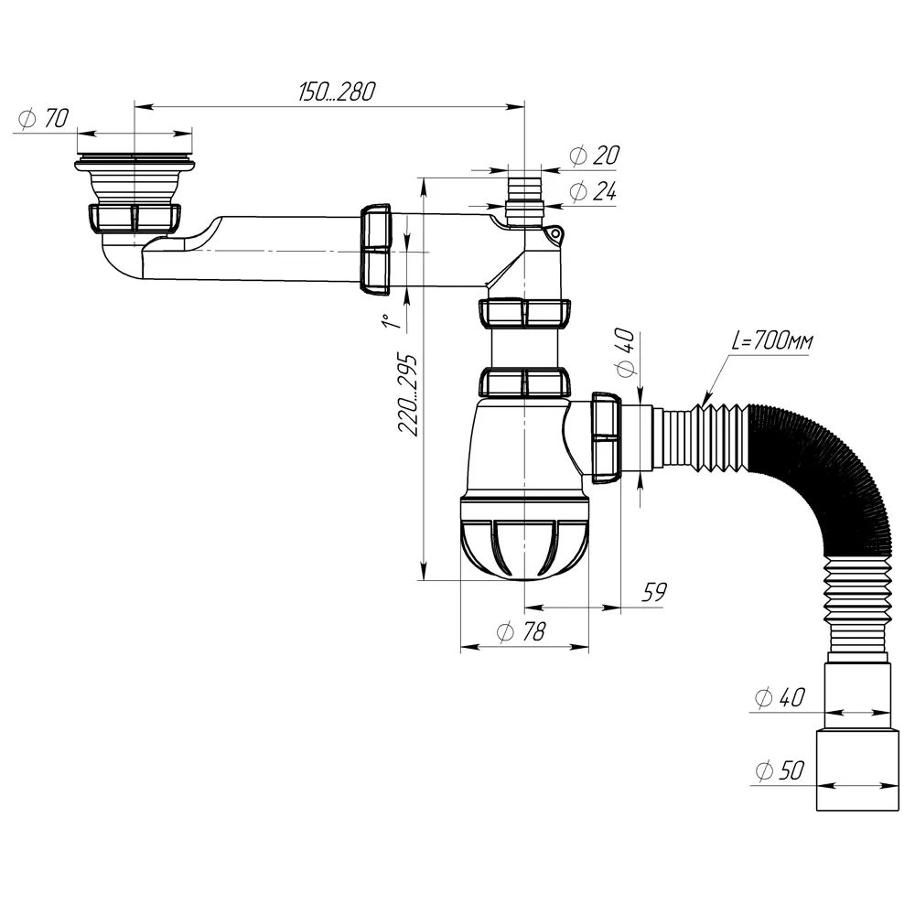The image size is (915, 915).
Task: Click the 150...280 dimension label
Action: point(337,92)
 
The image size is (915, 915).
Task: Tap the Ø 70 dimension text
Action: point(44,118)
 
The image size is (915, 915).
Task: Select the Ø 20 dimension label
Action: point(594,156)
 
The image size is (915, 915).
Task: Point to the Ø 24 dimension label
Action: point(593,191)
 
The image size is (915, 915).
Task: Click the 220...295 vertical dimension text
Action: point(408,393)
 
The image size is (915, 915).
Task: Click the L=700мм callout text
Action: point(771,340)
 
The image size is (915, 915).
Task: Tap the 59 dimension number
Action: point(653,592)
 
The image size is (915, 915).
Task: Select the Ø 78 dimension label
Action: point(521,631)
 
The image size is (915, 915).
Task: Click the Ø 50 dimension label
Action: point(780,770)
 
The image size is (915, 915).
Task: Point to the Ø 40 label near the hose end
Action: point(780,697)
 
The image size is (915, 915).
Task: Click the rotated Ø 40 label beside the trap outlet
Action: point(625,352)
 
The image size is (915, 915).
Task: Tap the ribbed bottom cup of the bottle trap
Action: point(524,538)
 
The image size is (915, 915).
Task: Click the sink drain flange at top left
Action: point(135,164)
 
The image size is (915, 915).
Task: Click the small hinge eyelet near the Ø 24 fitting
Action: point(555,234)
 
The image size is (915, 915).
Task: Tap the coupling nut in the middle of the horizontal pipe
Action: point(376,249)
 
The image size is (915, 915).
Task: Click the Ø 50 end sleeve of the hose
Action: point(857,770)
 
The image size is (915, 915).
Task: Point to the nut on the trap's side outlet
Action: point(607,437)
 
